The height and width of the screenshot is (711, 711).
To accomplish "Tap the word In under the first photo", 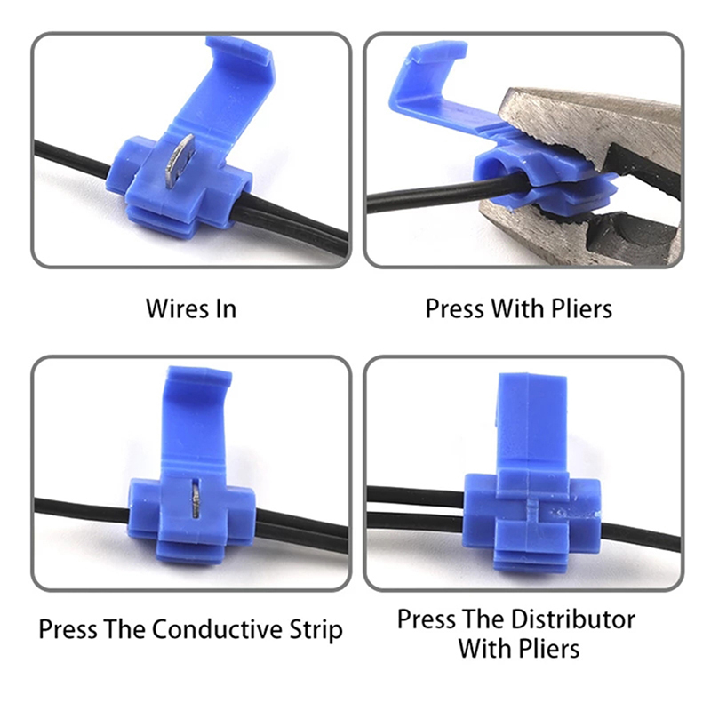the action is click(225, 308).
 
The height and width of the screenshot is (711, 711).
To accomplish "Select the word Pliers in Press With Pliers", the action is click(581, 308).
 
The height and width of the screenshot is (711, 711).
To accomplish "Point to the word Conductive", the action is click(218, 629).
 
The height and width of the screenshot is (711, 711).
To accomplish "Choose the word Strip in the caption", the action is click(316, 630).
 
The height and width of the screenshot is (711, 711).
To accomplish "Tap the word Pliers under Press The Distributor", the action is click(549, 650).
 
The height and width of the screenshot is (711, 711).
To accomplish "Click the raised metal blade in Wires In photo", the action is click(179, 162).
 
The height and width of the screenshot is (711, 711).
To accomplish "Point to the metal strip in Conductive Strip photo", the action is click(196, 500).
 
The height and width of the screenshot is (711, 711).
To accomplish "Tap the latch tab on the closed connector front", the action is click(533, 513).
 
